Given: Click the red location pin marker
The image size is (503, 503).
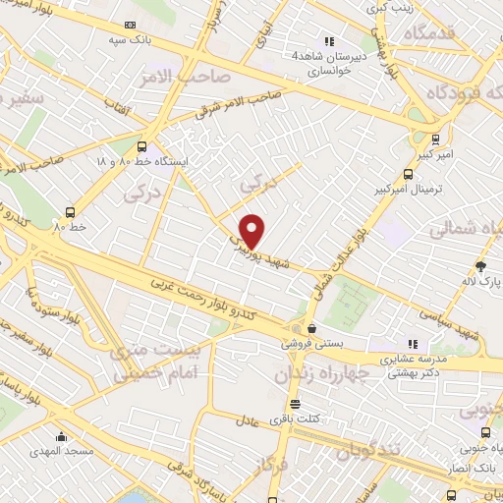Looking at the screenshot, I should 252,231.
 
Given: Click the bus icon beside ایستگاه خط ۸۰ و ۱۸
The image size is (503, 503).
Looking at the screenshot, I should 142,143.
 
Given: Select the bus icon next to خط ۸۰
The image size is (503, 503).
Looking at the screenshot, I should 70,211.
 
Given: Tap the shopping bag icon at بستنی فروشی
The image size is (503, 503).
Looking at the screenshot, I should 311,328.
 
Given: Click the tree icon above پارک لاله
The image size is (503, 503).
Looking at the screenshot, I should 480,265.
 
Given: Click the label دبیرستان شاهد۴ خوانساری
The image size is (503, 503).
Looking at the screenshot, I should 328,64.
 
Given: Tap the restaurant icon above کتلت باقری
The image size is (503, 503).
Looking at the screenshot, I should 294,405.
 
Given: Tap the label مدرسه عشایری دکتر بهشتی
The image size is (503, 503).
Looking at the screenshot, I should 413,366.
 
